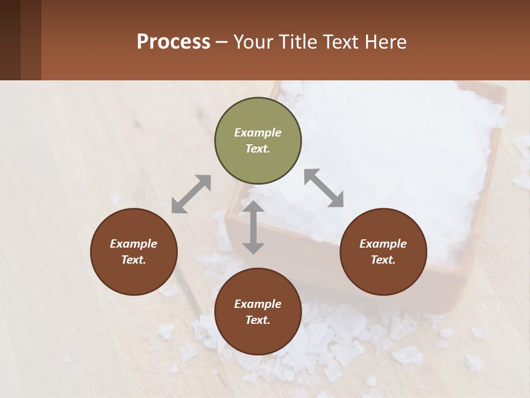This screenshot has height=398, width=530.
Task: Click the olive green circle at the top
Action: (x=258, y=141)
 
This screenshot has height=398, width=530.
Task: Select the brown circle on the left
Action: (x=134, y=252)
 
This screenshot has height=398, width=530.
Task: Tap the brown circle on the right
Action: (x=383, y=252)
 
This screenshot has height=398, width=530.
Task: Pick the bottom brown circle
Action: (x=258, y=312)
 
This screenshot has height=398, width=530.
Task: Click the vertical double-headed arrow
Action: (x=253, y=227)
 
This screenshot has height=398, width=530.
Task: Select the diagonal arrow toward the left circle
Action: (x=191, y=194)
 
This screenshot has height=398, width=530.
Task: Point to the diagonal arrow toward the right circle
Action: (x=324, y=188)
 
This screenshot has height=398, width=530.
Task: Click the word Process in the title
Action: (x=173, y=41)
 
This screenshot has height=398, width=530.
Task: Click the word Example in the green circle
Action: (x=258, y=133)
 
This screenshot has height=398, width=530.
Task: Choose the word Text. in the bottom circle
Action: (x=258, y=321)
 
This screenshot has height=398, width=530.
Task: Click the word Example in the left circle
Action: (x=134, y=244)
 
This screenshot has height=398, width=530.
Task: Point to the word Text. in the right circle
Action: (x=383, y=260)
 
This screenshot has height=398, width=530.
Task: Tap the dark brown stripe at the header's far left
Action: (x=10, y=40)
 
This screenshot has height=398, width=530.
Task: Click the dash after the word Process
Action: (x=222, y=43)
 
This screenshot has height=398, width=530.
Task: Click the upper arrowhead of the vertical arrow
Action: (x=253, y=208)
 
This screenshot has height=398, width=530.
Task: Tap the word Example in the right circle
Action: (x=383, y=244)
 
